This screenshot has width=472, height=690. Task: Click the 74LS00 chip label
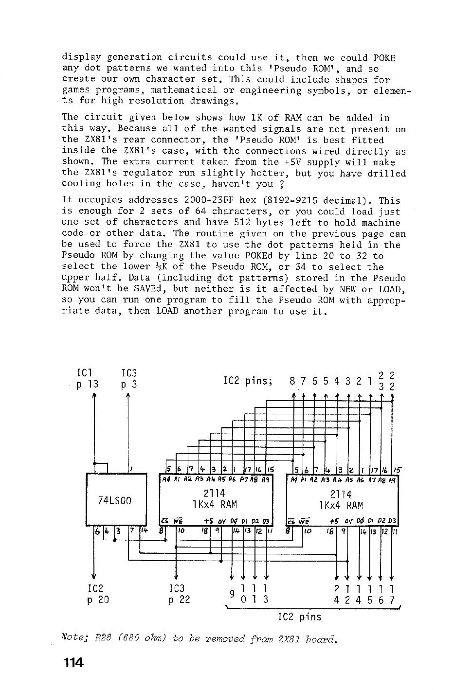[115, 500]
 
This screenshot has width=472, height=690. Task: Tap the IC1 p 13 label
[88, 379]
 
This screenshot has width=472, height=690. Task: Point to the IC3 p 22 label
[180, 594]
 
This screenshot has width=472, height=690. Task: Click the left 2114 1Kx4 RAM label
[215, 499]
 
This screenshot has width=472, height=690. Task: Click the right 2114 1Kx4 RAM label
[341, 500]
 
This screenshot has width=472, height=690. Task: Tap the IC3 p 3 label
[129, 379]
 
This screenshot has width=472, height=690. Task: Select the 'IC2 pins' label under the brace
[300, 617]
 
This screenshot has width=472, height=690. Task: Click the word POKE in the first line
[384, 57]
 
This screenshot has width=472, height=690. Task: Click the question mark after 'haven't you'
[281, 184]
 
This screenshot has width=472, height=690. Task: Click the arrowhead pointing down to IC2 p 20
[94, 577]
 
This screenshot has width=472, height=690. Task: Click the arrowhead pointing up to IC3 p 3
[128, 395]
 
